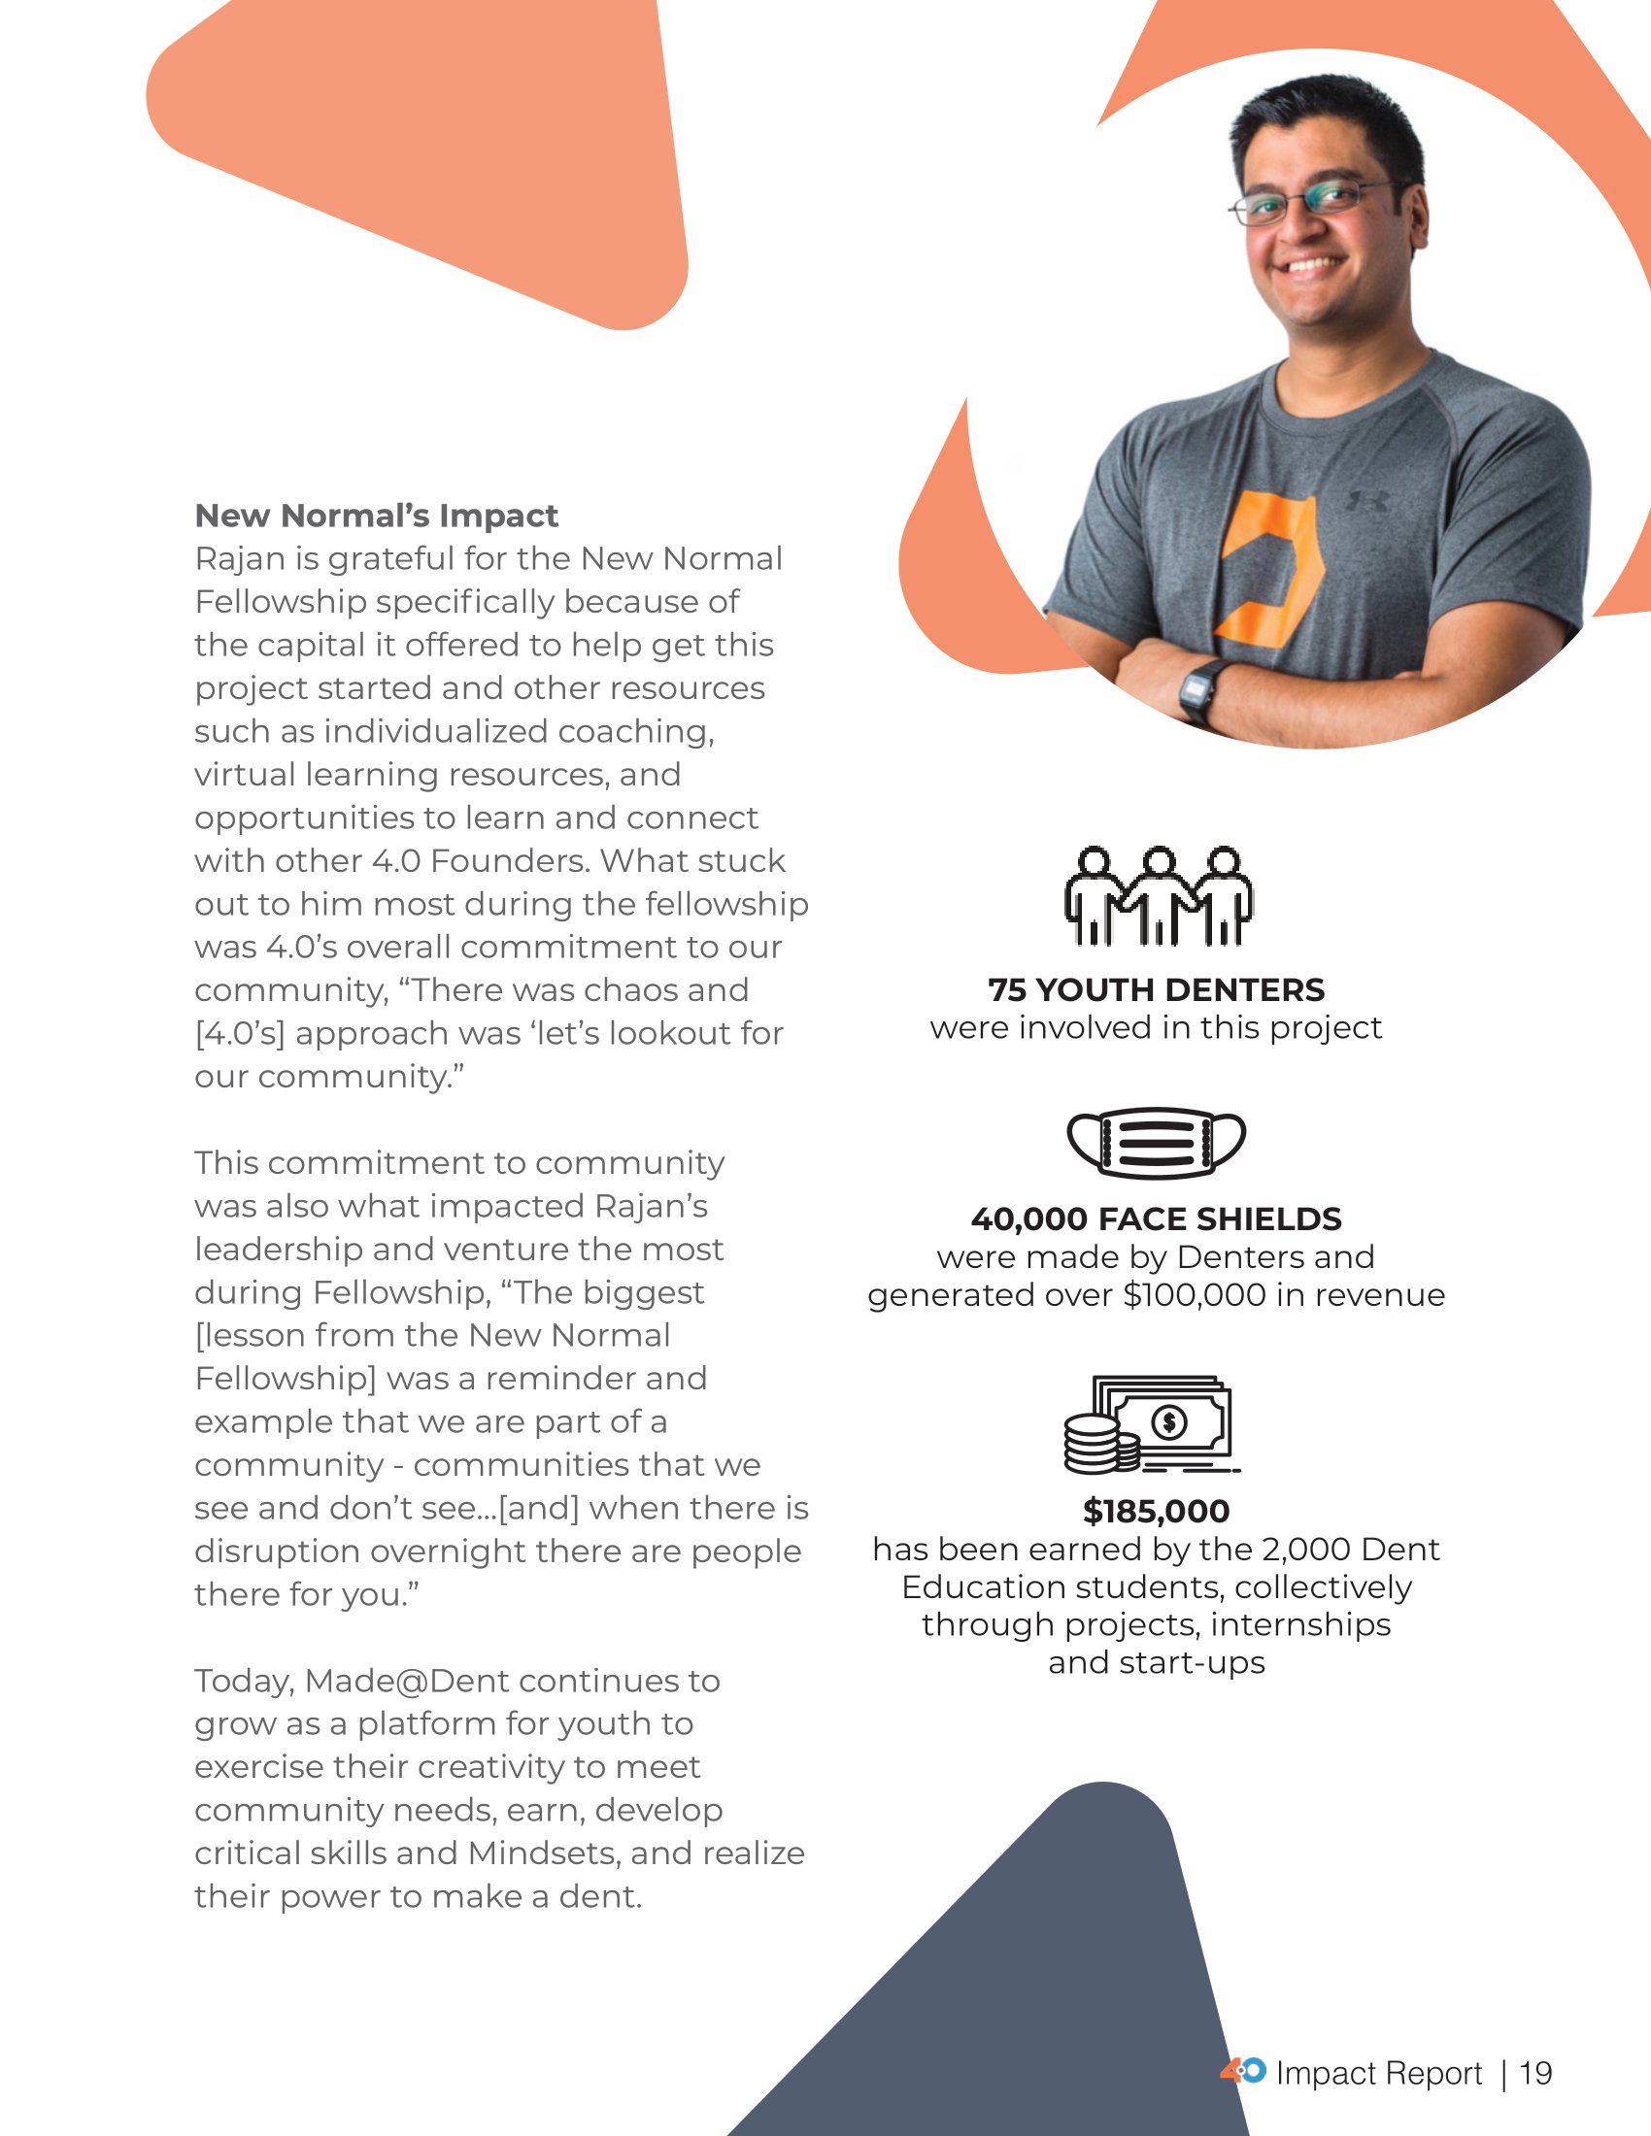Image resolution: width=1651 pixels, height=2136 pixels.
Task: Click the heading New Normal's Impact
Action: tap(377, 516)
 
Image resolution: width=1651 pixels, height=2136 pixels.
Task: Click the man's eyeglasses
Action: tap(1310, 202)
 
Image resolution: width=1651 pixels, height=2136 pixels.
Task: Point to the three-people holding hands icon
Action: tap(1158, 896)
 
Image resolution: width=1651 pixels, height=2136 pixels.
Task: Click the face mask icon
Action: tap(1156, 1143)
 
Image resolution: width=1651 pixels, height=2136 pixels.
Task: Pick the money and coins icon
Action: tap(1150, 1425)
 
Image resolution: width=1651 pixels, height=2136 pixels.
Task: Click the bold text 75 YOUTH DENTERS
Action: tap(1156, 989)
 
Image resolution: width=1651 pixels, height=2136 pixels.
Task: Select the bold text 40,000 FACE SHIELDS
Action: tap(1156, 1218)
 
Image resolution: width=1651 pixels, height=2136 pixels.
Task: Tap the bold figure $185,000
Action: tap(1156, 1511)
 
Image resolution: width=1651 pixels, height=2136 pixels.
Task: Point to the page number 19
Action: tap(1535, 2074)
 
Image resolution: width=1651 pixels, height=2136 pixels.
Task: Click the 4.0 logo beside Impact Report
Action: tap(1242, 2071)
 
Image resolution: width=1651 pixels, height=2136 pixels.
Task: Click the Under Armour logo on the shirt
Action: tap(1367, 502)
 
